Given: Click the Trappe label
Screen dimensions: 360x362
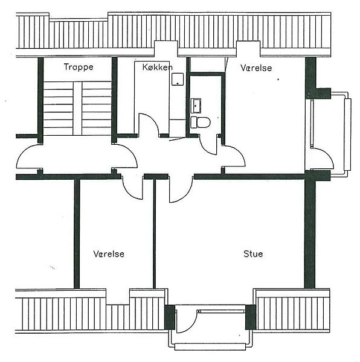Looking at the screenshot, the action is [x=79, y=67].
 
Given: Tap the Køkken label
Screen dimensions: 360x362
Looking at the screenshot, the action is [x=158, y=67].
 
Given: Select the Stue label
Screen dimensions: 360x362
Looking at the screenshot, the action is [x=253, y=254].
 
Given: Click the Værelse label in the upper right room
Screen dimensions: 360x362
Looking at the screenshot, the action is [x=256, y=68].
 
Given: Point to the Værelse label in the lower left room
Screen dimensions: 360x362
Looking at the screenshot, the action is [x=109, y=254].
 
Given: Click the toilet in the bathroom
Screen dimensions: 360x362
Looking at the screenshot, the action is [x=201, y=122].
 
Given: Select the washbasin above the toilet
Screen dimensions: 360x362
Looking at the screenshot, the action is [x=196, y=106].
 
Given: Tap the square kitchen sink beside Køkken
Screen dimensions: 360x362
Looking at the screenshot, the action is [x=178, y=79].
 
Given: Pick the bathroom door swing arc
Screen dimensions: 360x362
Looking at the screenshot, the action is [x=205, y=150].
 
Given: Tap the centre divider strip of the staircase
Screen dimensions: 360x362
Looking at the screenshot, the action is [x=77, y=108].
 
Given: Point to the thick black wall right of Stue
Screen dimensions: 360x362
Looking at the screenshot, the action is [x=310, y=233].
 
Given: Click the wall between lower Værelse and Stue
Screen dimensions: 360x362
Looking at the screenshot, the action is [x=155, y=233].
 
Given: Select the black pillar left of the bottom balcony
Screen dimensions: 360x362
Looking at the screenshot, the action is [x=170, y=317].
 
